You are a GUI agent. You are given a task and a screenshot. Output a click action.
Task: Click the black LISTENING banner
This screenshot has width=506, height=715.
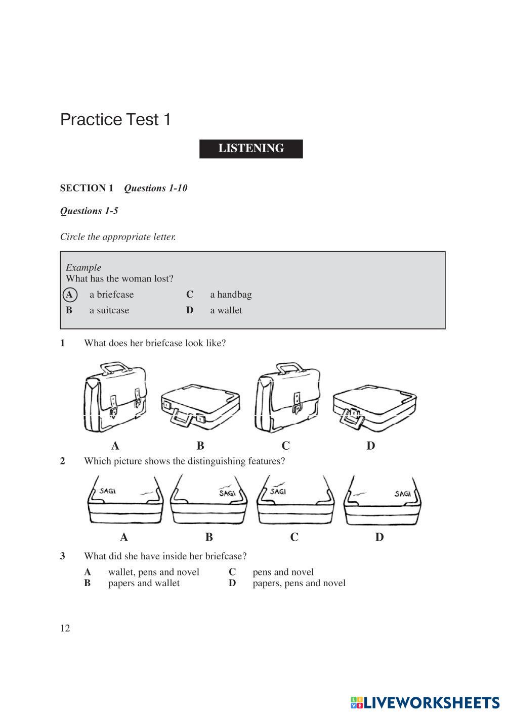click(x=251, y=149)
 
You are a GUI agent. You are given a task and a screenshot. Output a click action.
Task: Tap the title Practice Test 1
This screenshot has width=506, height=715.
click(x=115, y=120)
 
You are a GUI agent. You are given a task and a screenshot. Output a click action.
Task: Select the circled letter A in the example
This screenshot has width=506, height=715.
click(x=69, y=295)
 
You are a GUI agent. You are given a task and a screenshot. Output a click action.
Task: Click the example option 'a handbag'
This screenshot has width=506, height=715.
click(x=230, y=295)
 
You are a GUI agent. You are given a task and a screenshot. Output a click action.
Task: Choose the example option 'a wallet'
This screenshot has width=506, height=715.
click(x=226, y=310)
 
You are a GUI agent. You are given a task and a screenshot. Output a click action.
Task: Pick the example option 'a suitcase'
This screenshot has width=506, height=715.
click(x=109, y=310)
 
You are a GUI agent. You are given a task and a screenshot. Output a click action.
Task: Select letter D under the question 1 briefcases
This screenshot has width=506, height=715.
click(x=371, y=446)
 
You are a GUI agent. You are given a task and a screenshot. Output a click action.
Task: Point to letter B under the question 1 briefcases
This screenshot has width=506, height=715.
click(x=200, y=446)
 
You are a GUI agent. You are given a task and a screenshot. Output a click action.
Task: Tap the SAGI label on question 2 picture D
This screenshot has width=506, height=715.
click(x=402, y=494)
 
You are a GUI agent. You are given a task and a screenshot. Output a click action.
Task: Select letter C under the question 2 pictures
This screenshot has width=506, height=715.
click(x=294, y=537)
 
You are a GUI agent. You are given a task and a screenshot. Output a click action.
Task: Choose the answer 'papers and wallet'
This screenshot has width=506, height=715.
click(x=144, y=583)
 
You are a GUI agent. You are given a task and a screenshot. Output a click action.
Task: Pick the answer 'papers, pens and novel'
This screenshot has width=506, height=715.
click(x=299, y=583)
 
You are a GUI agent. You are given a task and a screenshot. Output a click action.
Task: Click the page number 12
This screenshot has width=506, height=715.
click(x=65, y=629)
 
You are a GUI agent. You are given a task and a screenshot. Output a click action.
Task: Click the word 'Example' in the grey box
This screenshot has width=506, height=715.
click(x=83, y=268)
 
